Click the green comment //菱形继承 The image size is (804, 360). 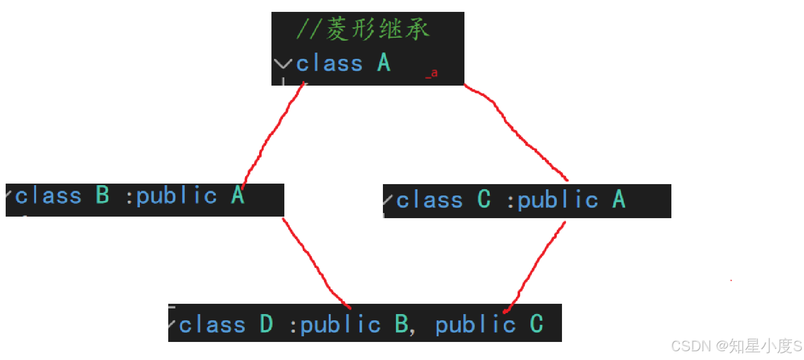(363, 30)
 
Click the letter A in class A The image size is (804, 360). (383, 63)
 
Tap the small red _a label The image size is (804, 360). (432, 74)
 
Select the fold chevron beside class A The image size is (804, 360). (283, 64)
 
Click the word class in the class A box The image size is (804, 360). (329, 64)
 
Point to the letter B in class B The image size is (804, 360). (103, 196)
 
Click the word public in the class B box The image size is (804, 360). (176, 196)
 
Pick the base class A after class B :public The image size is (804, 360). (237, 196)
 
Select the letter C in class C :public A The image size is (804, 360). (484, 200)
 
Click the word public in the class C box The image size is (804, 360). (558, 200)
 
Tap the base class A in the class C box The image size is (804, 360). (619, 200)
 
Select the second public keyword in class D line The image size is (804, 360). (475, 325)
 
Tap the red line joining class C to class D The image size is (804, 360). (537, 263)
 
